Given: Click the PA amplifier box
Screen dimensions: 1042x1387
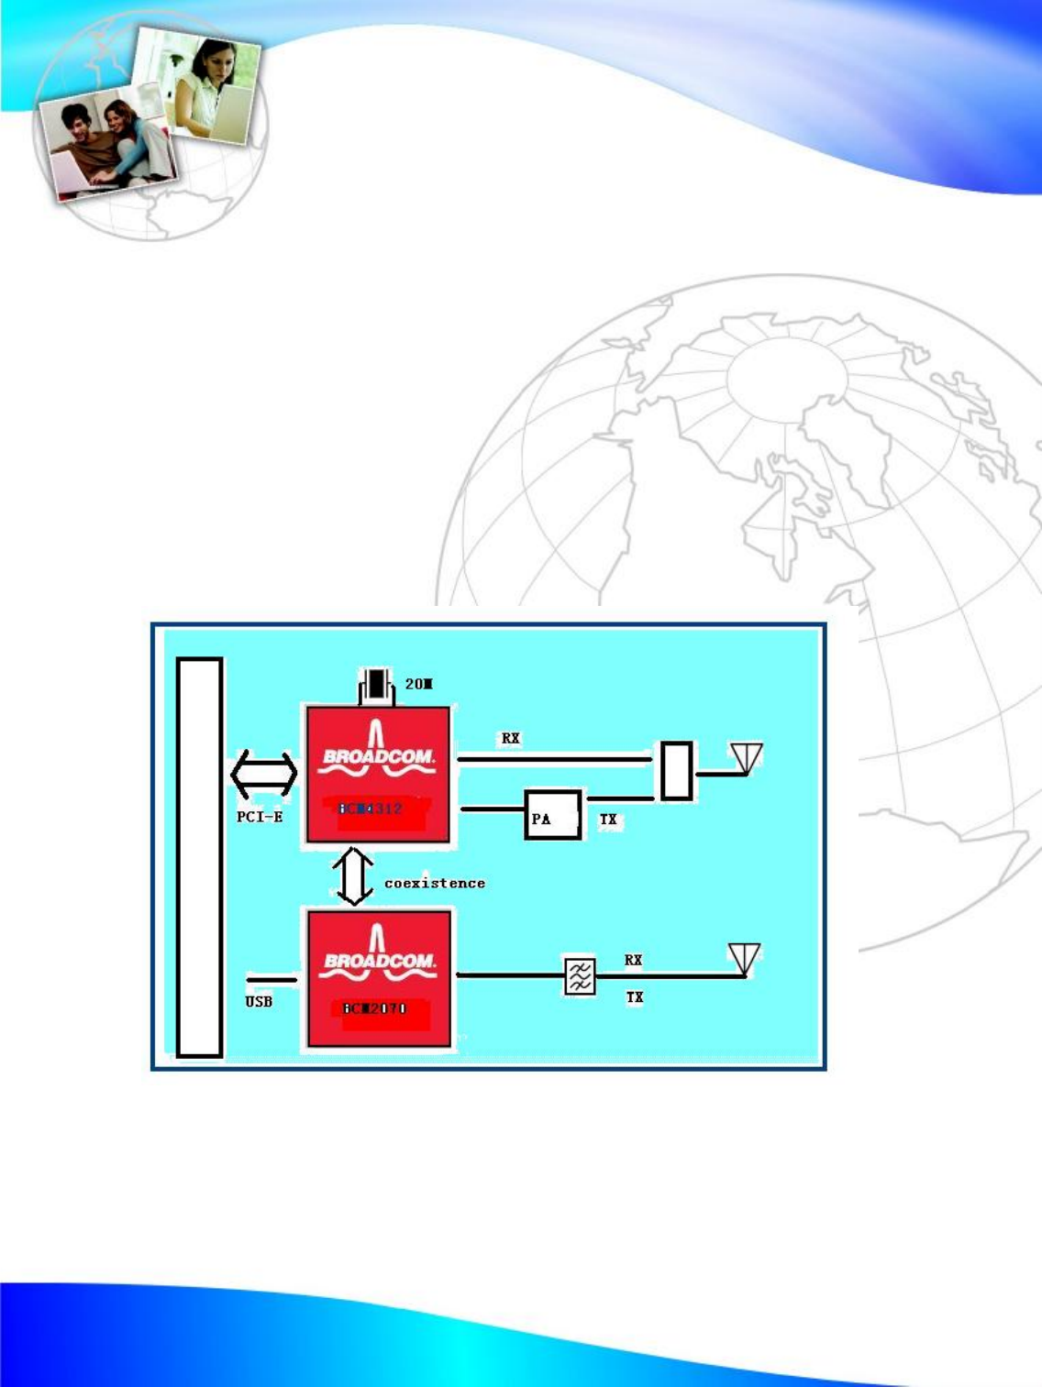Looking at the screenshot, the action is tap(553, 815).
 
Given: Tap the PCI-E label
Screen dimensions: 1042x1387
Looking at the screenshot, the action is tap(260, 817).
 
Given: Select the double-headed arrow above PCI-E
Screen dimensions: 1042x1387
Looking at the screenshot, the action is tap(264, 775).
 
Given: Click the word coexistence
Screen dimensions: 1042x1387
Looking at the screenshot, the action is tap(435, 883).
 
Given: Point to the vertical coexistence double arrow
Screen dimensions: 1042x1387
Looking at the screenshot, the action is tap(354, 876).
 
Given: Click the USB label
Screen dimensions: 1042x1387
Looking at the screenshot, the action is tap(259, 1002).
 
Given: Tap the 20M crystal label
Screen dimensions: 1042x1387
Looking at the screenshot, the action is tap(419, 684).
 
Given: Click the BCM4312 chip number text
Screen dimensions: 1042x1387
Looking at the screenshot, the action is tap(371, 809).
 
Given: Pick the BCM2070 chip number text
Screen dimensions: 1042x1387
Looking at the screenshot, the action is tap(374, 1008).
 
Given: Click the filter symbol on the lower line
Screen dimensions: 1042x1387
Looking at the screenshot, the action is tap(580, 976).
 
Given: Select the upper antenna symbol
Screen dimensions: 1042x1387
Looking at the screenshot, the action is tap(747, 759).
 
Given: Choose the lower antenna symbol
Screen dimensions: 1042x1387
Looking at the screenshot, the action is tap(745, 960).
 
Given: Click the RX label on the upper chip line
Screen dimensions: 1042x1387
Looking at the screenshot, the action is tap(511, 739).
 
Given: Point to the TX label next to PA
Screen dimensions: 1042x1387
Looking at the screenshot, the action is tap(608, 820).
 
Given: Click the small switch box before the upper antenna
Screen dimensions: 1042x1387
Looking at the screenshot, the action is tap(676, 771).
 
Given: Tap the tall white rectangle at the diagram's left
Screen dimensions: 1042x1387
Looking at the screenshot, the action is tap(200, 857).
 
